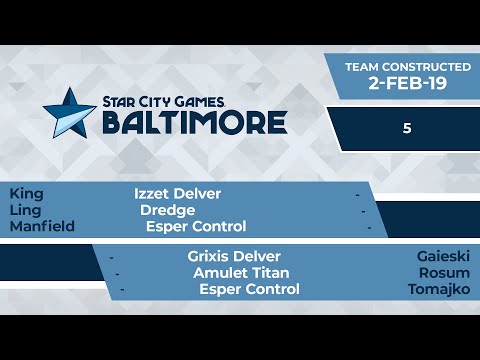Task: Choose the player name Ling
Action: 25,210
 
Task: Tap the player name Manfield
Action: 42,227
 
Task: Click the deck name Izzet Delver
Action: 177,193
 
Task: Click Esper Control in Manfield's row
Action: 196,227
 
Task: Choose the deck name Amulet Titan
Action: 241,273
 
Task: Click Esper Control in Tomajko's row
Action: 249,290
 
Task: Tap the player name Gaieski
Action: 444,256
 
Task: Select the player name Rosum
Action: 447,273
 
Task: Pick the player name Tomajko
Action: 439,290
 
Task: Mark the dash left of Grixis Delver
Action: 111,257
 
